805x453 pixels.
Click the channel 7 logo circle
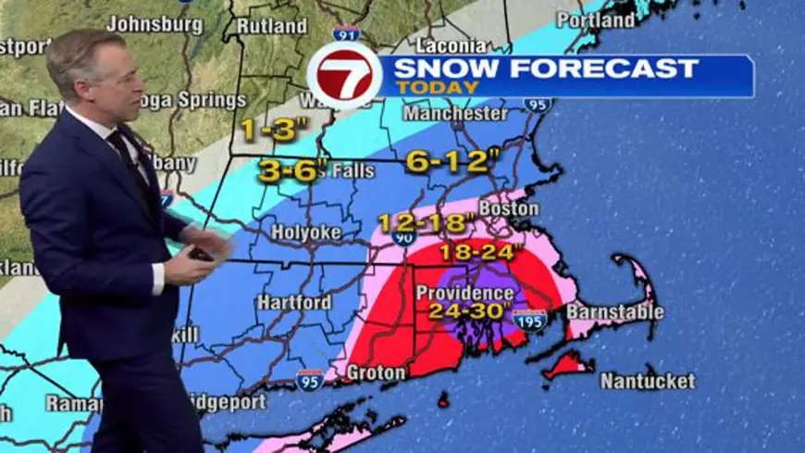[344, 75]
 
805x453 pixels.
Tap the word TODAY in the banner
[439, 87]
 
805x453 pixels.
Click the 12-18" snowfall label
[426, 223]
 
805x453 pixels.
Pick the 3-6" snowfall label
[288, 170]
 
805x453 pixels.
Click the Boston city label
[509, 209]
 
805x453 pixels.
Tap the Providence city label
[464, 293]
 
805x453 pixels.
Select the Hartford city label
[294, 302]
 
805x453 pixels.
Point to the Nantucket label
[648, 380]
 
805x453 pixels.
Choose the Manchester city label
[456, 114]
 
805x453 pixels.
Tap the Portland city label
[597, 19]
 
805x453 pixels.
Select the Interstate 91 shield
[347, 34]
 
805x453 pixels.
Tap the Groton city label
[375, 372]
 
